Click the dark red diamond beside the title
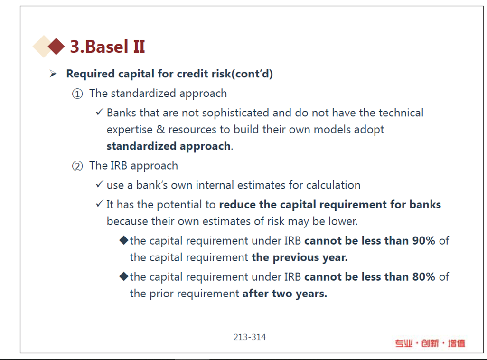tap(56, 47)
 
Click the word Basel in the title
tap(106, 47)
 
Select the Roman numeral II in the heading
tap(139, 47)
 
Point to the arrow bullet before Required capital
tap(53, 74)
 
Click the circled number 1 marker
tap(77, 94)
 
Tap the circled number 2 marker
tap(77, 166)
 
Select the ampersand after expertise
tap(160, 129)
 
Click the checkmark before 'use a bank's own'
tap(99, 184)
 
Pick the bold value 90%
tap(424, 241)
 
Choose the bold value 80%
tap(424, 277)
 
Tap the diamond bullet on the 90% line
tap(123, 240)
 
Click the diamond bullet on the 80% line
tap(123, 276)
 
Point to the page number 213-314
tap(250, 337)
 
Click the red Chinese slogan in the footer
tap(430, 343)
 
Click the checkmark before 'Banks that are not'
tap(99, 112)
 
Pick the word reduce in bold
tap(238, 205)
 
